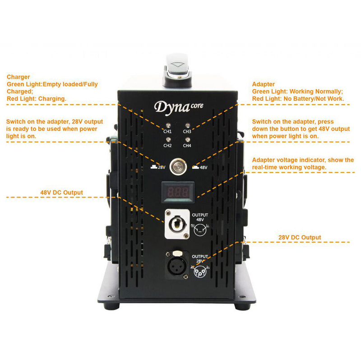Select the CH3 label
tap(187, 131)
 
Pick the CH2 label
tap(168, 146)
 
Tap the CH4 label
tap(187, 146)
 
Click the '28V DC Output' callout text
tap(300, 237)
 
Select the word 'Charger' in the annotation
tap(19, 77)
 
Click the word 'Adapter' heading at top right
tap(264, 84)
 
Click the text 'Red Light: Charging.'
tap(37, 98)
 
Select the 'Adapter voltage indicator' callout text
tap(303, 160)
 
